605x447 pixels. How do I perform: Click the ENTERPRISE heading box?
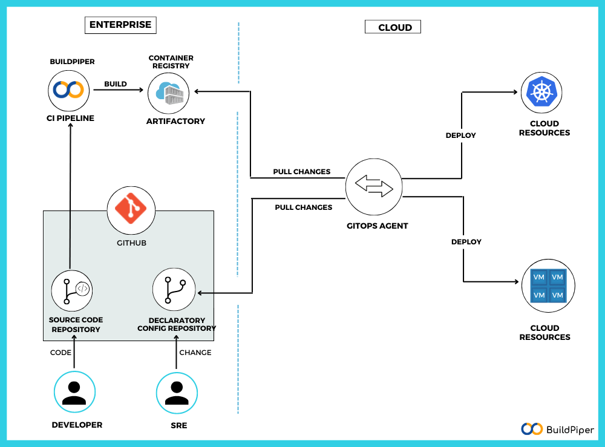pos(120,25)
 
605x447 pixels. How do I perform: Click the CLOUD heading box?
pos(393,27)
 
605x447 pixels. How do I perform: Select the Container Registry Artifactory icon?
pos(169,92)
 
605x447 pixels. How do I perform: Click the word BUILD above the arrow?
pos(116,84)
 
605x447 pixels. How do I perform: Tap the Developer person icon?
pos(74,392)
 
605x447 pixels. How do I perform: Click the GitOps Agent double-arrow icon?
pos(373,187)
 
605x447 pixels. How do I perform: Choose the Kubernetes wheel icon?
pos(541,92)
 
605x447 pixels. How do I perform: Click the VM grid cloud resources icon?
pos(548,285)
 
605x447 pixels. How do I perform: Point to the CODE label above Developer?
pos(60,352)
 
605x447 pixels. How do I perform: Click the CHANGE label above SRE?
pos(195,352)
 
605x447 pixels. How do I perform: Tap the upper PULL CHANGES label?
pos(301,172)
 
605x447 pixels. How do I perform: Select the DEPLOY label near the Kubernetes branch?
pos(460,135)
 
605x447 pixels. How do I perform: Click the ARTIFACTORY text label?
pos(175,121)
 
